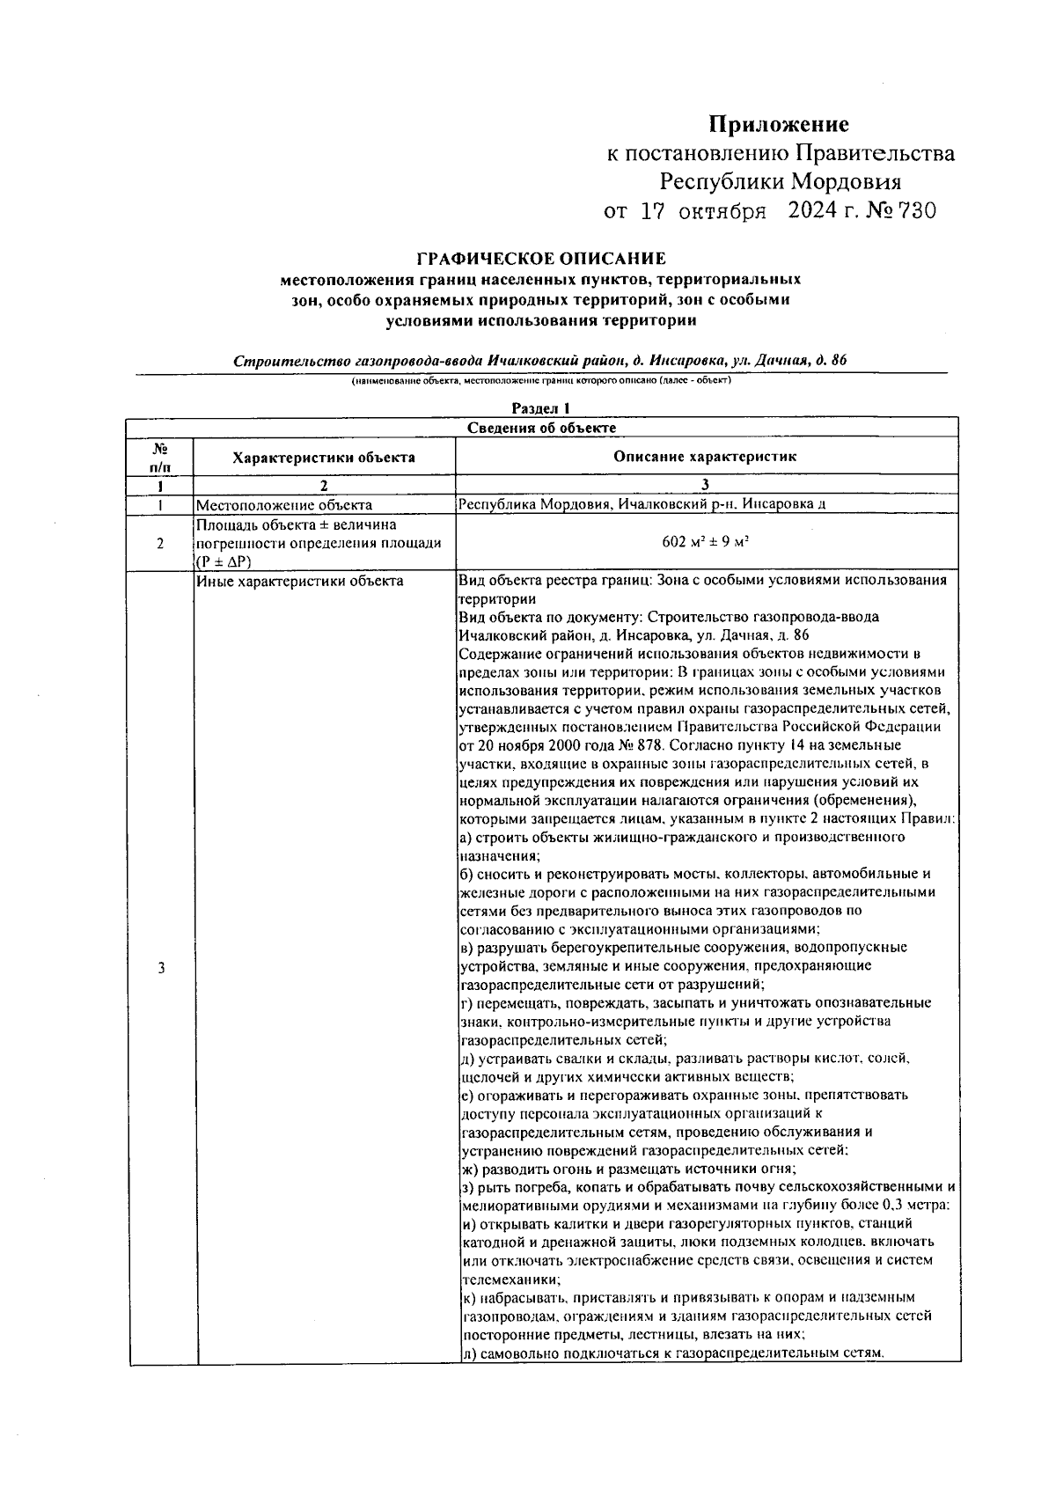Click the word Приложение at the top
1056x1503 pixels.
[779, 124]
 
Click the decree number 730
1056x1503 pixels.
[916, 211]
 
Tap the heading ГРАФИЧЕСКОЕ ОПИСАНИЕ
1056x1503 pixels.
[540, 259]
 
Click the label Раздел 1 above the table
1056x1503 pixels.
[541, 408]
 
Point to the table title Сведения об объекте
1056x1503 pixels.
[541, 428]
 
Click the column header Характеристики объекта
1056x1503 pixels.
[324, 457]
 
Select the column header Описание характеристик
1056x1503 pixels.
[705, 456]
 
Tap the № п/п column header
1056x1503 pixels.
[160, 457]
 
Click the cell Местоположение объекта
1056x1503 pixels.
[283, 505]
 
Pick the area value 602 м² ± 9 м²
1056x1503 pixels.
[705, 542]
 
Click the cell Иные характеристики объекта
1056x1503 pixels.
[299, 581]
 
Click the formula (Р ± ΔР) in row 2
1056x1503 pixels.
[224, 561]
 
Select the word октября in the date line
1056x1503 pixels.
[722, 211]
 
